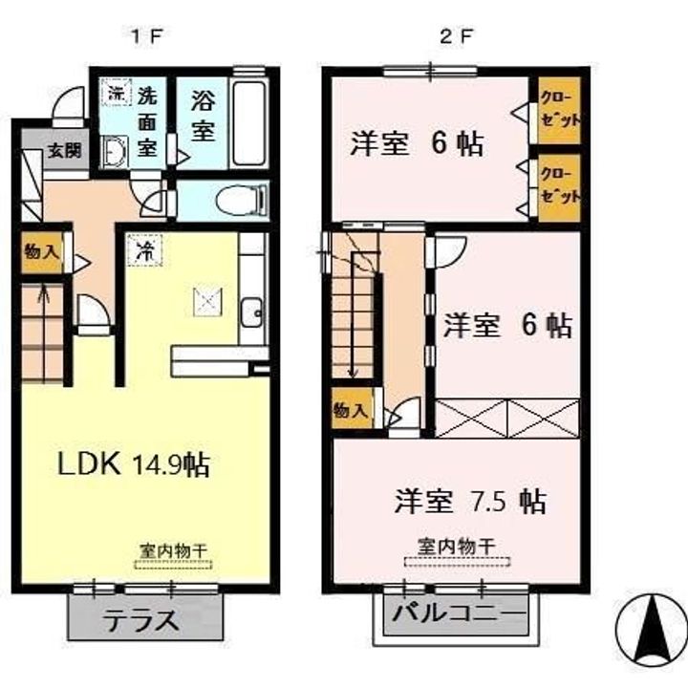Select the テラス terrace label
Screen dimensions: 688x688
tap(146, 618)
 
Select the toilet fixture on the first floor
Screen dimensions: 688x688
tap(233, 201)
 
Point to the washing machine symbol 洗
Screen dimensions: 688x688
tap(115, 94)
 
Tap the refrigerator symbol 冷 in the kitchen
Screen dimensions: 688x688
tap(144, 251)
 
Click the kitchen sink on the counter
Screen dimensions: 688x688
tap(252, 311)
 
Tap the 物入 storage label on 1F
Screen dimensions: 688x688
tap(40, 253)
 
